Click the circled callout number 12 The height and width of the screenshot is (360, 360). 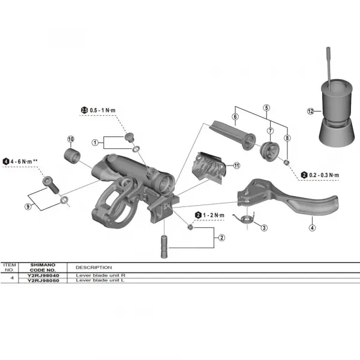coord(310,112)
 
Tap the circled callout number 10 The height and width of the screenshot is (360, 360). coord(71,140)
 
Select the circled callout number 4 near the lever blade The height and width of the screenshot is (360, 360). coord(312,227)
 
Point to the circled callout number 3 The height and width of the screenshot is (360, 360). coord(265,227)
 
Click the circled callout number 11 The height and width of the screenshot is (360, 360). coord(236,166)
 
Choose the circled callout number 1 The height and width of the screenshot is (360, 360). coord(95,142)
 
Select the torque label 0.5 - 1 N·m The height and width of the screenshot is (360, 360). coord(104,109)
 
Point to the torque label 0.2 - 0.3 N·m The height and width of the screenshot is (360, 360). coord(324,175)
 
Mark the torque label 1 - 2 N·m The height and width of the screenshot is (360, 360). coord(213,215)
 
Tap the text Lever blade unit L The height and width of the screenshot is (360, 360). coord(99,280)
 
